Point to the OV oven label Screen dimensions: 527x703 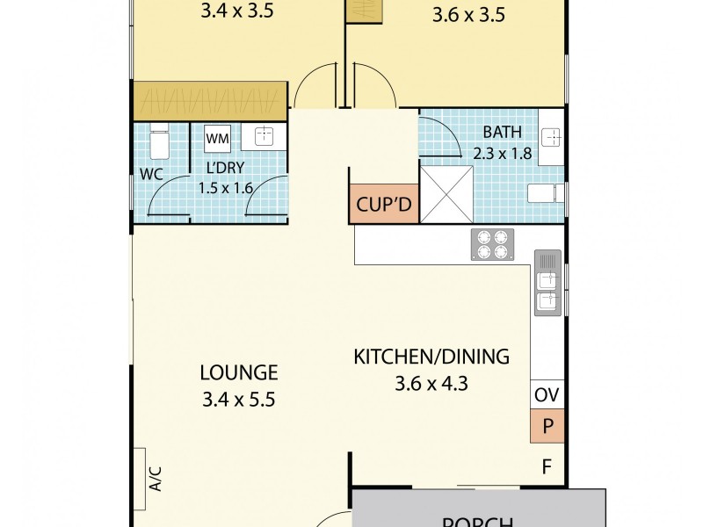click(x=547, y=395)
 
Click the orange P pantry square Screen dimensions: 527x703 click(x=547, y=426)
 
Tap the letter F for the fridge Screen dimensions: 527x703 click(x=546, y=467)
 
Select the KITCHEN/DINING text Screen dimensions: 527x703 click(x=431, y=357)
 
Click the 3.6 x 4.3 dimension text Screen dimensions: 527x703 click(x=431, y=383)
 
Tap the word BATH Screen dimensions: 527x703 click(x=503, y=133)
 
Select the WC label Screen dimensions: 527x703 click(x=151, y=174)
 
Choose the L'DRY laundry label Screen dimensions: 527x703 click(x=225, y=167)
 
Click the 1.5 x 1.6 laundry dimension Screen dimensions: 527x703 click(x=225, y=186)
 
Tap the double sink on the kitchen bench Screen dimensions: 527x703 click(x=547, y=283)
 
